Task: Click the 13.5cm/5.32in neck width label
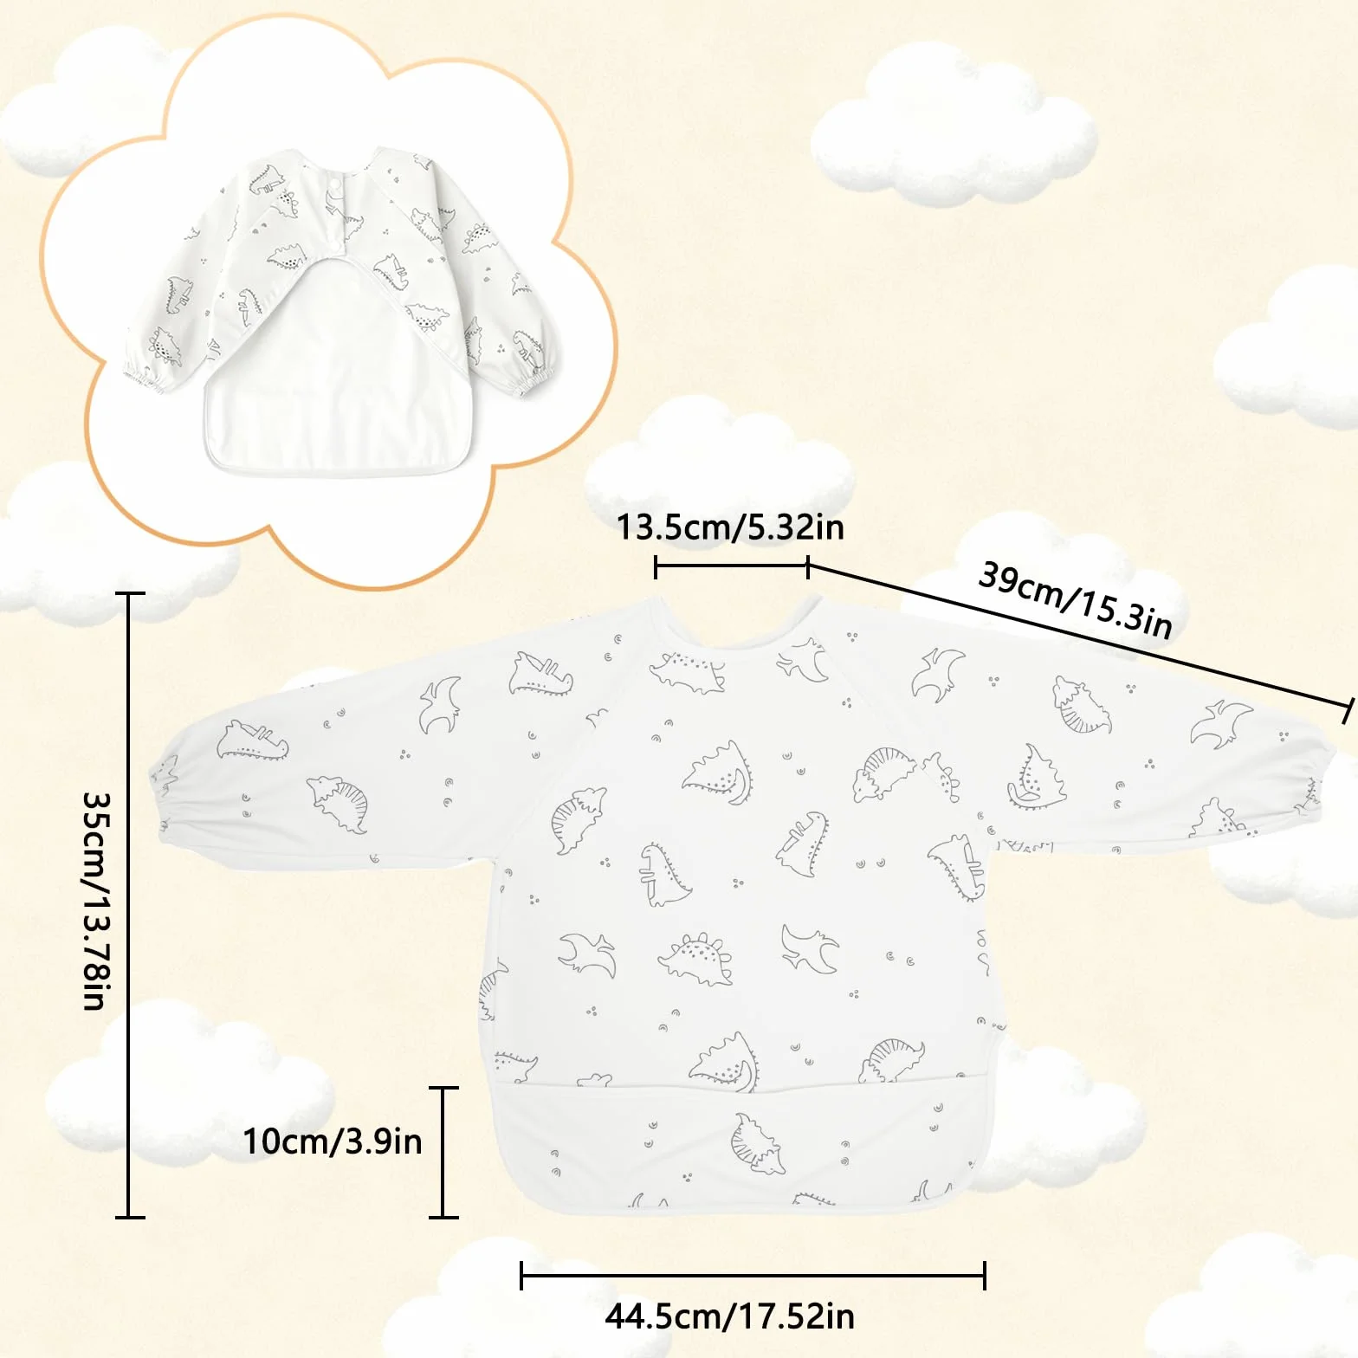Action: click(730, 527)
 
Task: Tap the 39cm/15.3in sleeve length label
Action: click(1076, 598)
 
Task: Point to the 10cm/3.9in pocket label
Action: click(333, 1141)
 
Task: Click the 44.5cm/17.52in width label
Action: click(730, 1316)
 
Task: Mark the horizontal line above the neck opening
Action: click(732, 568)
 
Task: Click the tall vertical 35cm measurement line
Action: click(130, 905)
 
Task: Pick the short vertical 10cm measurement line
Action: click(443, 1152)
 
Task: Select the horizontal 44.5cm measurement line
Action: click(753, 1275)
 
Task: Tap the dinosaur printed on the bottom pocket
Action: click(755, 1144)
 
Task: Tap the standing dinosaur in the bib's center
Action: click(663, 875)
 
